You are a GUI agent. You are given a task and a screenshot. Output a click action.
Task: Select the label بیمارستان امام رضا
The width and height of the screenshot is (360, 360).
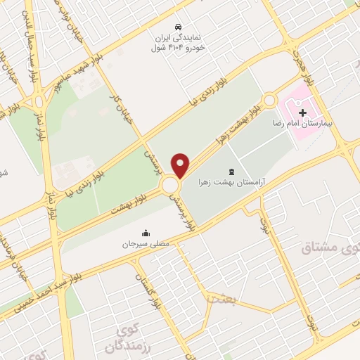pyautogui.click(x=317, y=122)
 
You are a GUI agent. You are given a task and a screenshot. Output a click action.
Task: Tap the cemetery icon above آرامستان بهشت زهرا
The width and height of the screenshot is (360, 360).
pyautogui.click(x=232, y=172)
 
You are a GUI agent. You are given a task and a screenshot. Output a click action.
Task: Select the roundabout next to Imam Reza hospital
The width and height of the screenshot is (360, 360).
pyautogui.click(x=269, y=101)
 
